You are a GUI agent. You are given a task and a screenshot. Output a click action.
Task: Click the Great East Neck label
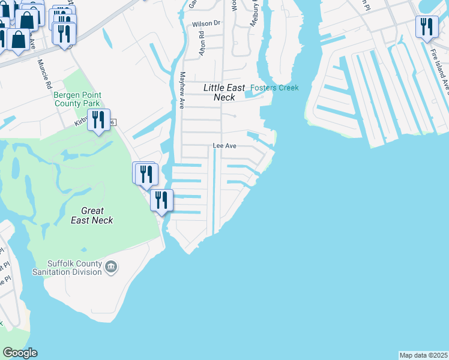tap(92, 215)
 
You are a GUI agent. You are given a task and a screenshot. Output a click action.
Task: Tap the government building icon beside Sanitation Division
tap(110, 266)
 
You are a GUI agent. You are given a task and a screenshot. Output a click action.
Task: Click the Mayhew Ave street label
tap(182, 89)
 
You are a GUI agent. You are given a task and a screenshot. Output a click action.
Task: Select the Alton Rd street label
tap(202, 44)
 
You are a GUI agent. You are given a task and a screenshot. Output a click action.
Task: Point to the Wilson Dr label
tap(206, 24)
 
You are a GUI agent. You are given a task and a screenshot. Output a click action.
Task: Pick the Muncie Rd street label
tap(45, 74)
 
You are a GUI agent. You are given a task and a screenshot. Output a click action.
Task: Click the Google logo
tap(20, 353)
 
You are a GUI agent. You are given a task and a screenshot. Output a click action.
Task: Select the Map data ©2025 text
tap(424, 355)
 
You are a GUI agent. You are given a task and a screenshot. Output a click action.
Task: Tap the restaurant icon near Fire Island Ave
tap(427, 28)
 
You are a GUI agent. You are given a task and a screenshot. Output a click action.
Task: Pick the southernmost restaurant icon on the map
tap(161, 200)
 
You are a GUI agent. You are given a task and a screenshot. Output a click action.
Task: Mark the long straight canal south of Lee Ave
tap(214, 192)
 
